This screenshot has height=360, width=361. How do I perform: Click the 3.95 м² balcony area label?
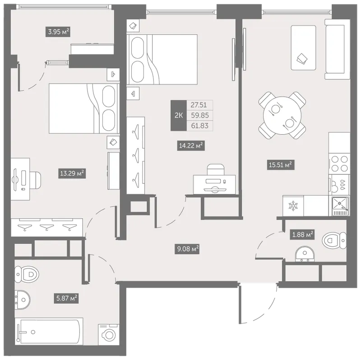click(x=58, y=32)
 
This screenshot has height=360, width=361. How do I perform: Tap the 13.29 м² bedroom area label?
click(x=72, y=173)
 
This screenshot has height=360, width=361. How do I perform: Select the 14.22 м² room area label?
click(x=191, y=145)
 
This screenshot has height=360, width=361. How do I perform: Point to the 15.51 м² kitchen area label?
click(x=281, y=165)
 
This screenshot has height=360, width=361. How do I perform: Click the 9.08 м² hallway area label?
click(x=187, y=249)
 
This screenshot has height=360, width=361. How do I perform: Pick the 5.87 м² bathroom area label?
click(x=66, y=298)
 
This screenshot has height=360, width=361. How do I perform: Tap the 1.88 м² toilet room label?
click(x=302, y=234)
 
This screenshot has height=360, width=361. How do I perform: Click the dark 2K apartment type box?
click(x=178, y=116)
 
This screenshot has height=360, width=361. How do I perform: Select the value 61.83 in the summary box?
click(x=199, y=126)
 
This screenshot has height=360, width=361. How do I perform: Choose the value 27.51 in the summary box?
click(x=199, y=105)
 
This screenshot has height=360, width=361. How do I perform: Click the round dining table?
click(x=282, y=116)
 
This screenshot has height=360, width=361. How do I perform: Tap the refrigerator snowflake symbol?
click(x=293, y=206)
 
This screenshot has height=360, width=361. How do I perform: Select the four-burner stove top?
click(x=339, y=164)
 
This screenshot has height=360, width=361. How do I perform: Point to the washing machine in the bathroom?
click(x=109, y=334)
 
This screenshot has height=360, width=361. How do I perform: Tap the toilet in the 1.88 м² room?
click(x=334, y=240)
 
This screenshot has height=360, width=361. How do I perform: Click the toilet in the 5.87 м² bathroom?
click(x=27, y=274)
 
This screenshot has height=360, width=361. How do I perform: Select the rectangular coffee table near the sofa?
click(x=303, y=48)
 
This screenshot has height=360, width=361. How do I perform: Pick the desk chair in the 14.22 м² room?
click(x=216, y=169)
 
